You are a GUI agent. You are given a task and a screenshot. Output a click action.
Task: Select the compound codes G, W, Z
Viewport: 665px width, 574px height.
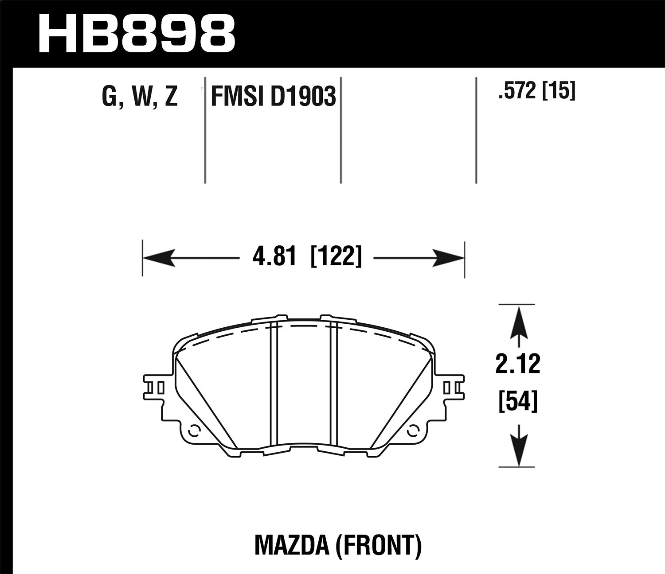(140, 97)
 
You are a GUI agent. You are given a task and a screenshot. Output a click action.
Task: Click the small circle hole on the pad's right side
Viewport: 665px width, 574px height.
(413, 429)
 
